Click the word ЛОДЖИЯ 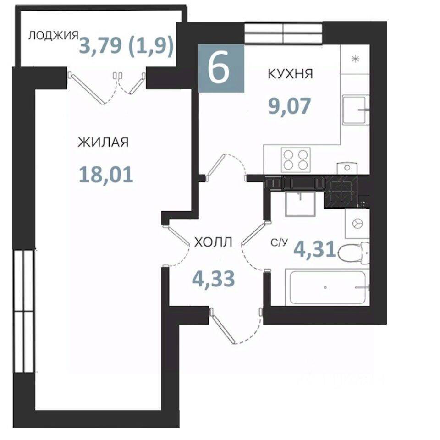click(53, 36)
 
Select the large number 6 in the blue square click(219, 68)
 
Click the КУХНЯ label click(290, 74)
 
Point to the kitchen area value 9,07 click(290, 106)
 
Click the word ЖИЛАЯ click(103, 142)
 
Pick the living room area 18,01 click(106, 174)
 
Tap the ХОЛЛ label click(213, 242)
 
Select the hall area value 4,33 click(213, 279)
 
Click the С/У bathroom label click(279, 243)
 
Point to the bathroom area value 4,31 click(315, 249)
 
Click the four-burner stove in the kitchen click(296, 160)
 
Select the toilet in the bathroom click(354, 253)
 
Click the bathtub click(327, 287)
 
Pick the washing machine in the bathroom click(357, 224)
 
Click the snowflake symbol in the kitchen click(355, 59)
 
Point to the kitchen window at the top click(283, 33)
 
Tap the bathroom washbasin click(300, 203)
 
